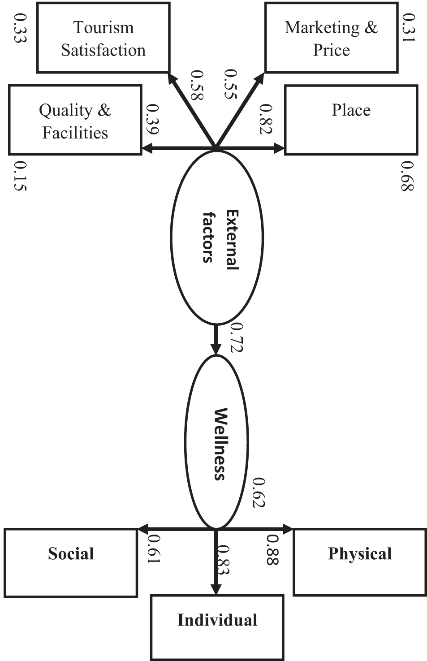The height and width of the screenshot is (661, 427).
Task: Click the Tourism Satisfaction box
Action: [x=103, y=38]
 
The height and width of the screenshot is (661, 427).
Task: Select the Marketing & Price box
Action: [x=331, y=38]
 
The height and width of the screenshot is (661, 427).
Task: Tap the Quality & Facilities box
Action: [x=75, y=121]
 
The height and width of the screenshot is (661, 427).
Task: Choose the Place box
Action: [x=351, y=120]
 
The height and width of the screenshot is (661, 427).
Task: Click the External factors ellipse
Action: [x=216, y=238]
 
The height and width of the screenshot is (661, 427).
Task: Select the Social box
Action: [x=71, y=563]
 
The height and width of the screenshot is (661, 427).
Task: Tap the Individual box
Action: [x=217, y=627]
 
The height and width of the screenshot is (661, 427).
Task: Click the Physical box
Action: [x=359, y=562]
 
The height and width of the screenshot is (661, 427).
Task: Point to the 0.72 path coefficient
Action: [x=236, y=337]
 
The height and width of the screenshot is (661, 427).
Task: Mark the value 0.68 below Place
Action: [x=407, y=176]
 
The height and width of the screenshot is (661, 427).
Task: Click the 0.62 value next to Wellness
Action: [x=259, y=493]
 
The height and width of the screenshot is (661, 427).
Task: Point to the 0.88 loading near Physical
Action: [x=272, y=550]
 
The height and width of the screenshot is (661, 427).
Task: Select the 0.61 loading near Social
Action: [x=154, y=549]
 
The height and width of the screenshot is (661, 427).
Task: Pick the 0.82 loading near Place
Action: [x=266, y=119]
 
